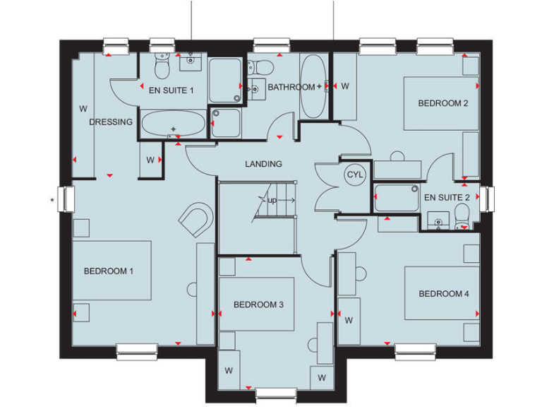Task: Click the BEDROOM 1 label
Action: (109, 271)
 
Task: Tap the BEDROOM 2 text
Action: (443, 103)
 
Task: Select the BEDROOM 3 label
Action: (258, 305)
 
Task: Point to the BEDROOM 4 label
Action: (443, 294)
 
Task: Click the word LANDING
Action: (263, 164)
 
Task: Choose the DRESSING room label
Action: (111, 122)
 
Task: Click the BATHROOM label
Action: (291, 87)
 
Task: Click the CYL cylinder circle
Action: (353, 174)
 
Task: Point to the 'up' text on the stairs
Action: (272, 201)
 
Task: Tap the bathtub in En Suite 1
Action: (174, 124)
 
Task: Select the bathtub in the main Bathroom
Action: (313, 86)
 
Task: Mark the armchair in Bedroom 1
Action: (196, 220)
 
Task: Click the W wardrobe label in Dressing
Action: (83, 109)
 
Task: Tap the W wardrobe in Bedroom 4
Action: (349, 320)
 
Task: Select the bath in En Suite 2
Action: (396, 197)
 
